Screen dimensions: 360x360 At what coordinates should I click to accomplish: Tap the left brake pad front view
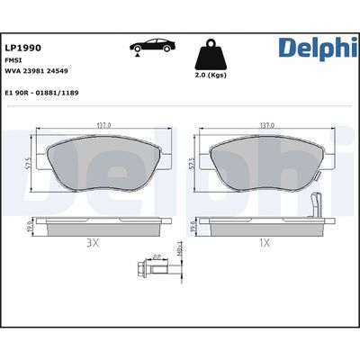[103, 166]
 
